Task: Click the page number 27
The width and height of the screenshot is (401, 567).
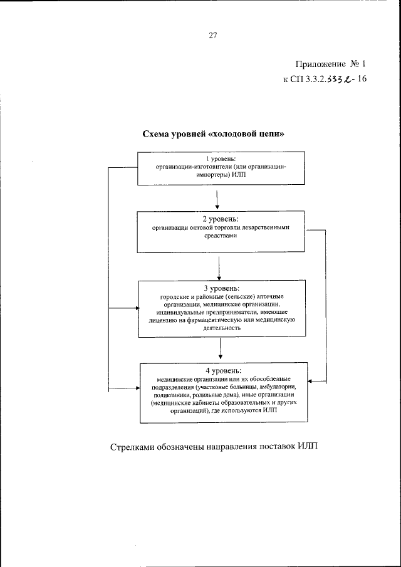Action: [x=212, y=36]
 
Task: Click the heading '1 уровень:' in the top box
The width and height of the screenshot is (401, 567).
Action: [x=217, y=159]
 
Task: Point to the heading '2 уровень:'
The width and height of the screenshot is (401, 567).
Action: [x=217, y=219]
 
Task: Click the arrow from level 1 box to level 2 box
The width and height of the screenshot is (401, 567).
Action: [x=217, y=200]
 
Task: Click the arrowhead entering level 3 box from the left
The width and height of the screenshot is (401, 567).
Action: [x=135, y=308]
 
